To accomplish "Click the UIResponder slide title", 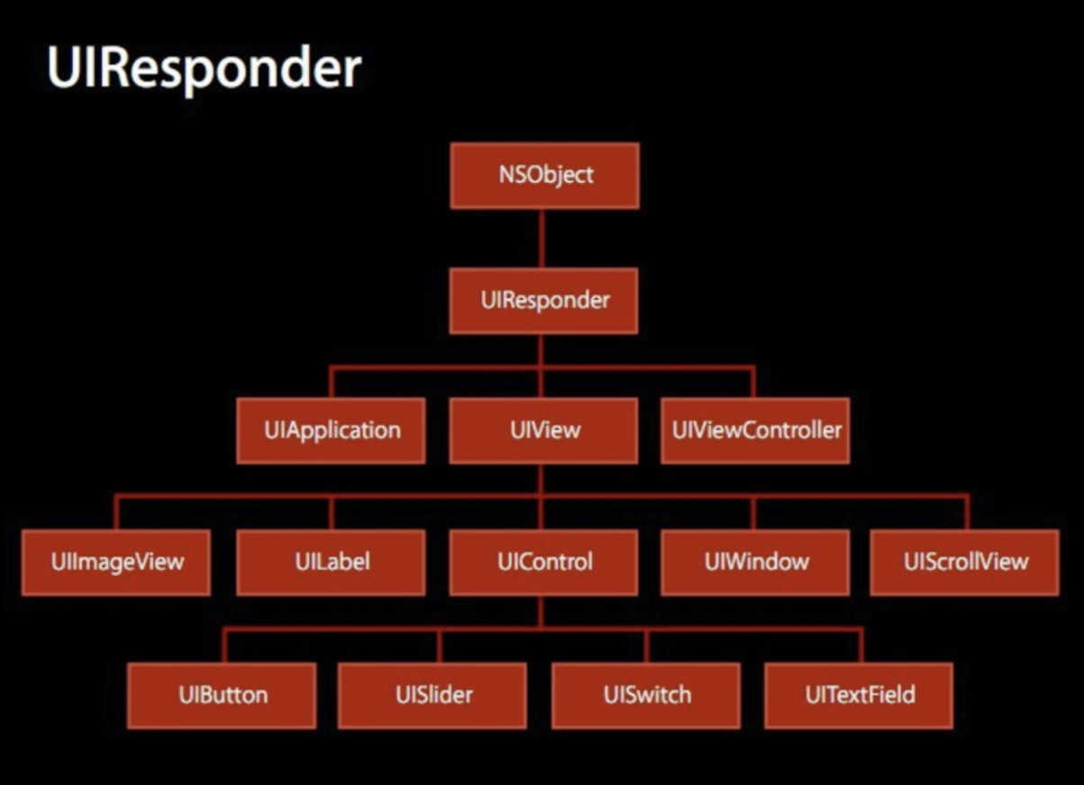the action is pyautogui.click(x=204, y=69).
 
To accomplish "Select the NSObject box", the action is pyautogui.click(x=545, y=176).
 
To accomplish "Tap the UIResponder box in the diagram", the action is pyautogui.click(x=544, y=301).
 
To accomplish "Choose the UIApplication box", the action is pyautogui.click(x=331, y=430).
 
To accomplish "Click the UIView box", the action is pyautogui.click(x=544, y=430).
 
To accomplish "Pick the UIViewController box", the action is pyautogui.click(x=754, y=430).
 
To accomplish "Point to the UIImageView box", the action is pyautogui.click(x=116, y=563).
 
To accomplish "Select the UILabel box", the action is pyautogui.click(x=331, y=563).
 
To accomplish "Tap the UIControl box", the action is pyautogui.click(x=544, y=563).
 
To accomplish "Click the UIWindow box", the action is pyautogui.click(x=754, y=563).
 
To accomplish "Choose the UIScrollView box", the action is pyautogui.click(x=964, y=563).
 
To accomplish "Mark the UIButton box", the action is pyautogui.click(x=221, y=696).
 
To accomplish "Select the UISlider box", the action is pyautogui.click(x=432, y=696).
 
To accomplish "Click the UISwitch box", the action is pyautogui.click(x=646, y=696).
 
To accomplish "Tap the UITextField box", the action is pyautogui.click(x=859, y=696).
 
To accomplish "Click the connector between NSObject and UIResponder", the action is pyautogui.click(x=541, y=239).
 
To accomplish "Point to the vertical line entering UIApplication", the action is pyautogui.click(x=331, y=383).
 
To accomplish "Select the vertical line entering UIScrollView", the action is pyautogui.click(x=967, y=512).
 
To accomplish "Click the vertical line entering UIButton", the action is pyautogui.click(x=224, y=645).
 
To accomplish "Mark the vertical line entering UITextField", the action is pyautogui.click(x=862, y=645).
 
